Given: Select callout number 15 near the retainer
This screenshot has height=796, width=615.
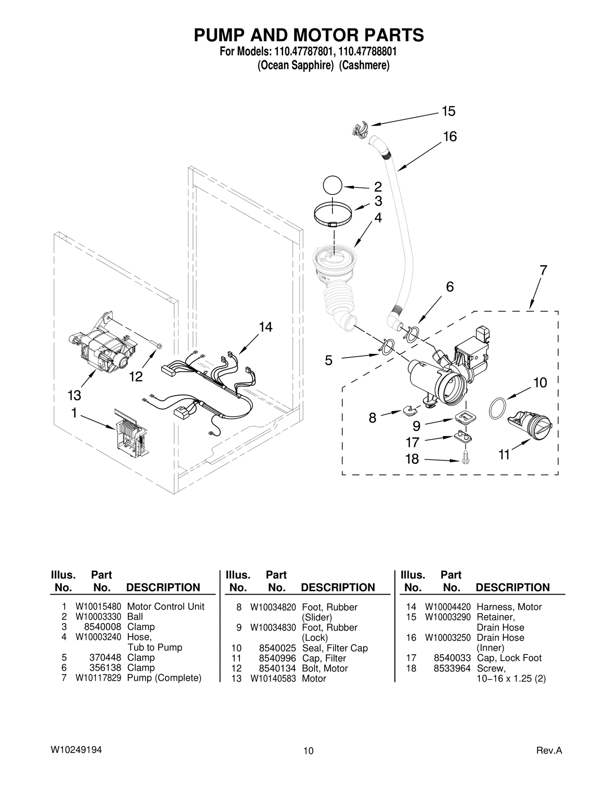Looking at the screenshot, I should click(448, 111).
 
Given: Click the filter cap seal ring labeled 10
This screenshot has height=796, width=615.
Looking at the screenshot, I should click(497, 409).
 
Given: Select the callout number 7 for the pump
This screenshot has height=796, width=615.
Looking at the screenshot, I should click(543, 271).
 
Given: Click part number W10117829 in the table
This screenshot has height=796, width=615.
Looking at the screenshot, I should click(98, 678).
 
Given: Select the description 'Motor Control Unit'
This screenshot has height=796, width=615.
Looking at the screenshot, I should click(166, 607).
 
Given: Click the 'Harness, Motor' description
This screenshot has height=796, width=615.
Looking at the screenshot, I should click(509, 607).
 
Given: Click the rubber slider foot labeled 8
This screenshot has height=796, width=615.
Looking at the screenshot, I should click(410, 410).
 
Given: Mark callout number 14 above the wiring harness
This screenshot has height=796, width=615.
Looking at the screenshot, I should click(265, 327).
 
